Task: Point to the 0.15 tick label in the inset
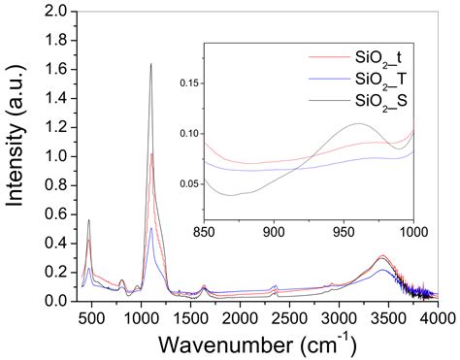pyautogui.click(x=189, y=83)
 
